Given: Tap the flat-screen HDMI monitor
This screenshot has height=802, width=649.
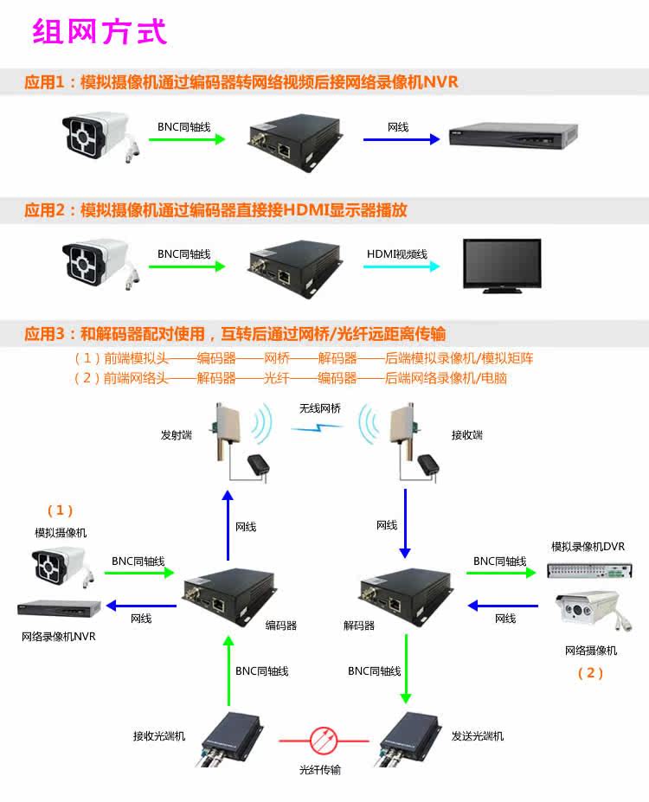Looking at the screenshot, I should pos(503,266).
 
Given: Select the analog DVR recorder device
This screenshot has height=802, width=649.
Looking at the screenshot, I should pos(588,571).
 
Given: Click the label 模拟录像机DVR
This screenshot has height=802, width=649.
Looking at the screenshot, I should pos(588,547).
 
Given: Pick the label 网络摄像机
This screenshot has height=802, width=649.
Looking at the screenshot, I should pos(590,651).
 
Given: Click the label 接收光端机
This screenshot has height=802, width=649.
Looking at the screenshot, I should pos(158,736).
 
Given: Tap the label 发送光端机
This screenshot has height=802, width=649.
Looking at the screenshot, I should pos(477,736).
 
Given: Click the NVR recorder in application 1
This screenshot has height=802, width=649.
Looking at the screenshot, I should pos(513,135).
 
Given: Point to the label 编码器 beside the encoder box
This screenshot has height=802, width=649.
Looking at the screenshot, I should pos(280,625).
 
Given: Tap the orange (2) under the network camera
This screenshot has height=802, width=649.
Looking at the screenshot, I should pos(590,673).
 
